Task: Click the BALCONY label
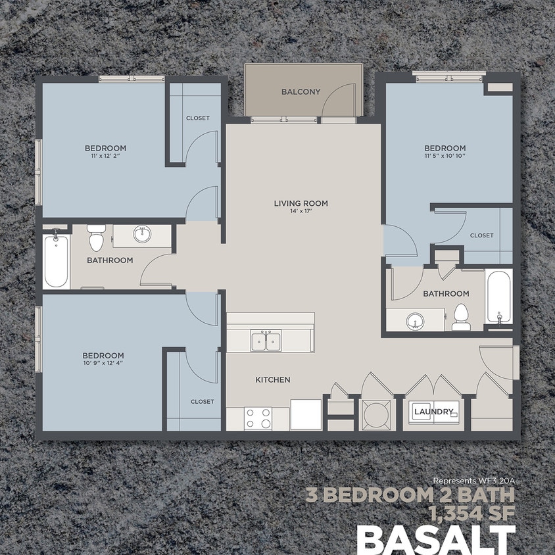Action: [x=301, y=92]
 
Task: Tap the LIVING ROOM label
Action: [x=301, y=203]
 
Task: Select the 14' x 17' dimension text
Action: [x=301, y=212]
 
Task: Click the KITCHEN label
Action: [x=272, y=380]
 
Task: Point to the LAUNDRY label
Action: [x=433, y=412]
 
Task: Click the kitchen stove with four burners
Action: [x=258, y=418]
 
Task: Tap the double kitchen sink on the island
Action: [x=266, y=341]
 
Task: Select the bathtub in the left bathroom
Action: [x=57, y=261]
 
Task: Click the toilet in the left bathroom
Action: [x=96, y=237]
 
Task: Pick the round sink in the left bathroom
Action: [x=141, y=233]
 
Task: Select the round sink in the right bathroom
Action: [x=414, y=322]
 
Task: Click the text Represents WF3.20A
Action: [x=473, y=481]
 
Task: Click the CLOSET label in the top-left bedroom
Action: [x=197, y=118]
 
